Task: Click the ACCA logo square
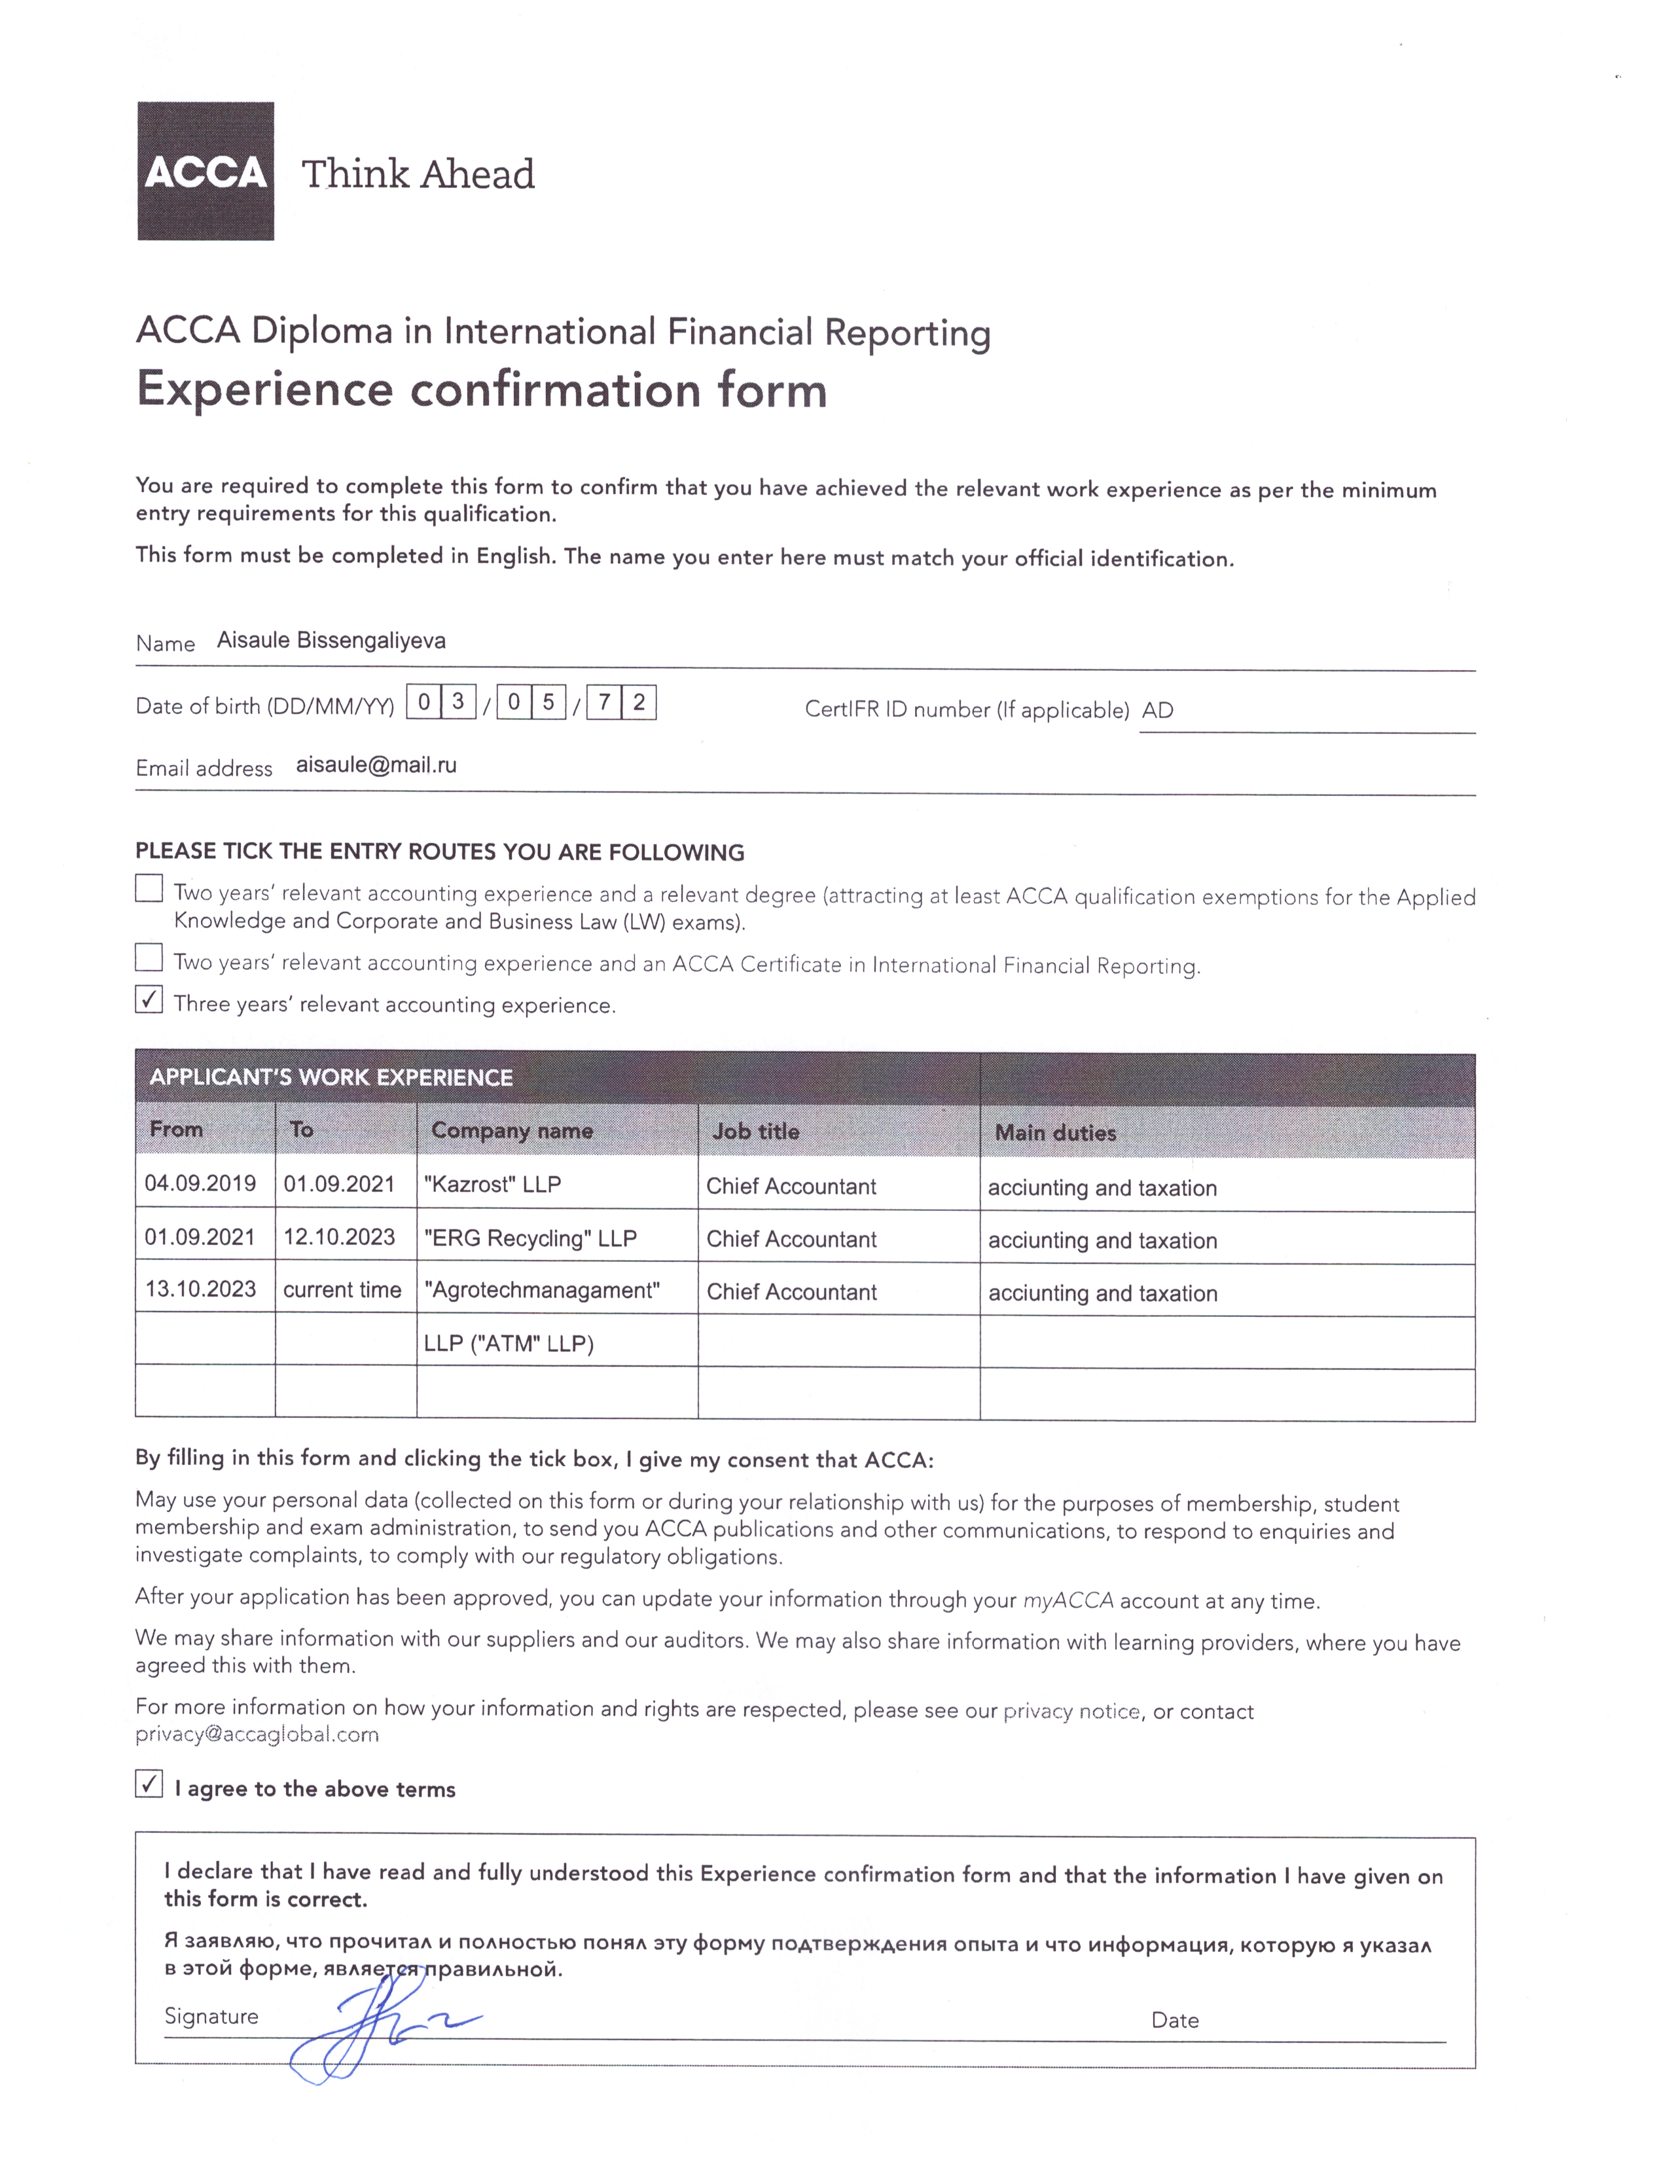(206, 170)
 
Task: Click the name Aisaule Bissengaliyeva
(331, 641)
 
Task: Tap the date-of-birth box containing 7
(604, 702)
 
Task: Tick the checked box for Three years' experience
(149, 1000)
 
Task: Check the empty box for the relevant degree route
(149, 888)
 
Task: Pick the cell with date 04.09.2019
(201, 1183)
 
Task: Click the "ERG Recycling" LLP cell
(530, 1238)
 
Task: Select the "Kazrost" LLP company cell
(492, 1184)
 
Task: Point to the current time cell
(342, 1289)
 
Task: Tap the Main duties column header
(1055, 1132)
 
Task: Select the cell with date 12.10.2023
(339, 1237)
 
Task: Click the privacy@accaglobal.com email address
(257, 1734)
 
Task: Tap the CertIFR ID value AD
(1158, 710)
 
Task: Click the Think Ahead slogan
(418, 174)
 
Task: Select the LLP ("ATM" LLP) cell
(508, 1343)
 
